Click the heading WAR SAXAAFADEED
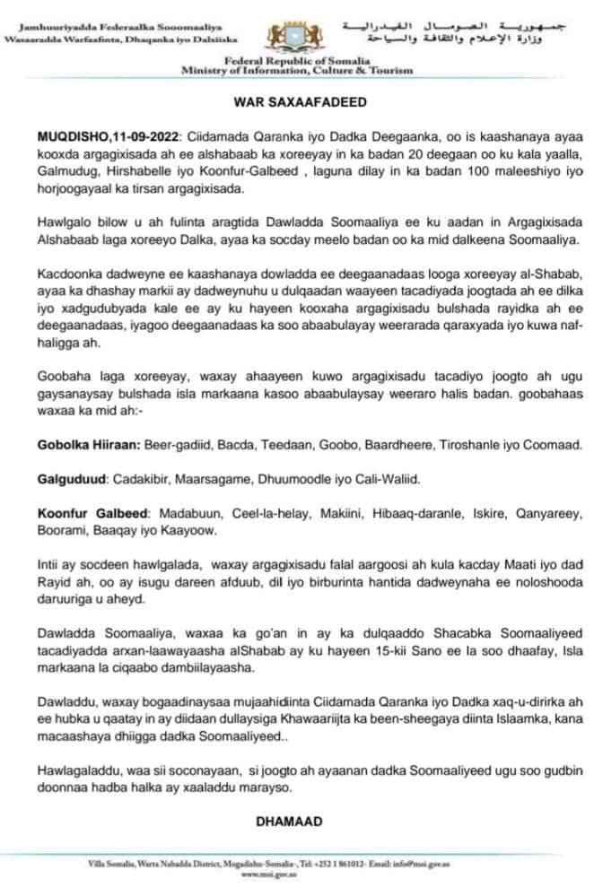tap(296, 104)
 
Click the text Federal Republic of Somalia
tap(296, 58)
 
